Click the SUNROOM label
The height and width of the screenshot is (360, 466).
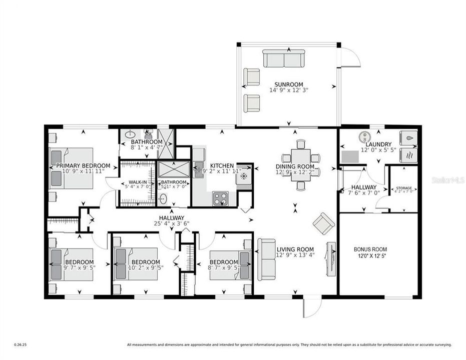[x=289, y=84]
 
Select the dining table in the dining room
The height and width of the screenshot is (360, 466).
[x=301, y=164]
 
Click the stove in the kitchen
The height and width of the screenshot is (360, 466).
[x=221, y=198]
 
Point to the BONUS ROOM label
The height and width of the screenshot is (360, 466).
[x=370, y=249]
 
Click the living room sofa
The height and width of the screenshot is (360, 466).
[x=267, y=259]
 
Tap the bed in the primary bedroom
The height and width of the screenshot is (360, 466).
[x=72, y=168]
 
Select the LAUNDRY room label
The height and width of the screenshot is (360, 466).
[x=378, y=144]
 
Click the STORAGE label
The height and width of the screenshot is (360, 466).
[x=404, y=188]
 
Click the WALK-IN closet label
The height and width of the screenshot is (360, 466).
[x=138, y=182]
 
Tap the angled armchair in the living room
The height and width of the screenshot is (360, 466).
[x=324, y=223]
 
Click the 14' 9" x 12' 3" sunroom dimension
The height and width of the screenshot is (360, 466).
[x=289, y=90]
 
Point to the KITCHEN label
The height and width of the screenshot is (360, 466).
[x=222, y=165]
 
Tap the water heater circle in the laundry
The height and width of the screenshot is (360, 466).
[x=364, y=135]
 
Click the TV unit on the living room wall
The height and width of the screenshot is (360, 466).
[x=330, y=258]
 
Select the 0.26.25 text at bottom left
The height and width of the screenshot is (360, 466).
[x=21, y=344]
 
